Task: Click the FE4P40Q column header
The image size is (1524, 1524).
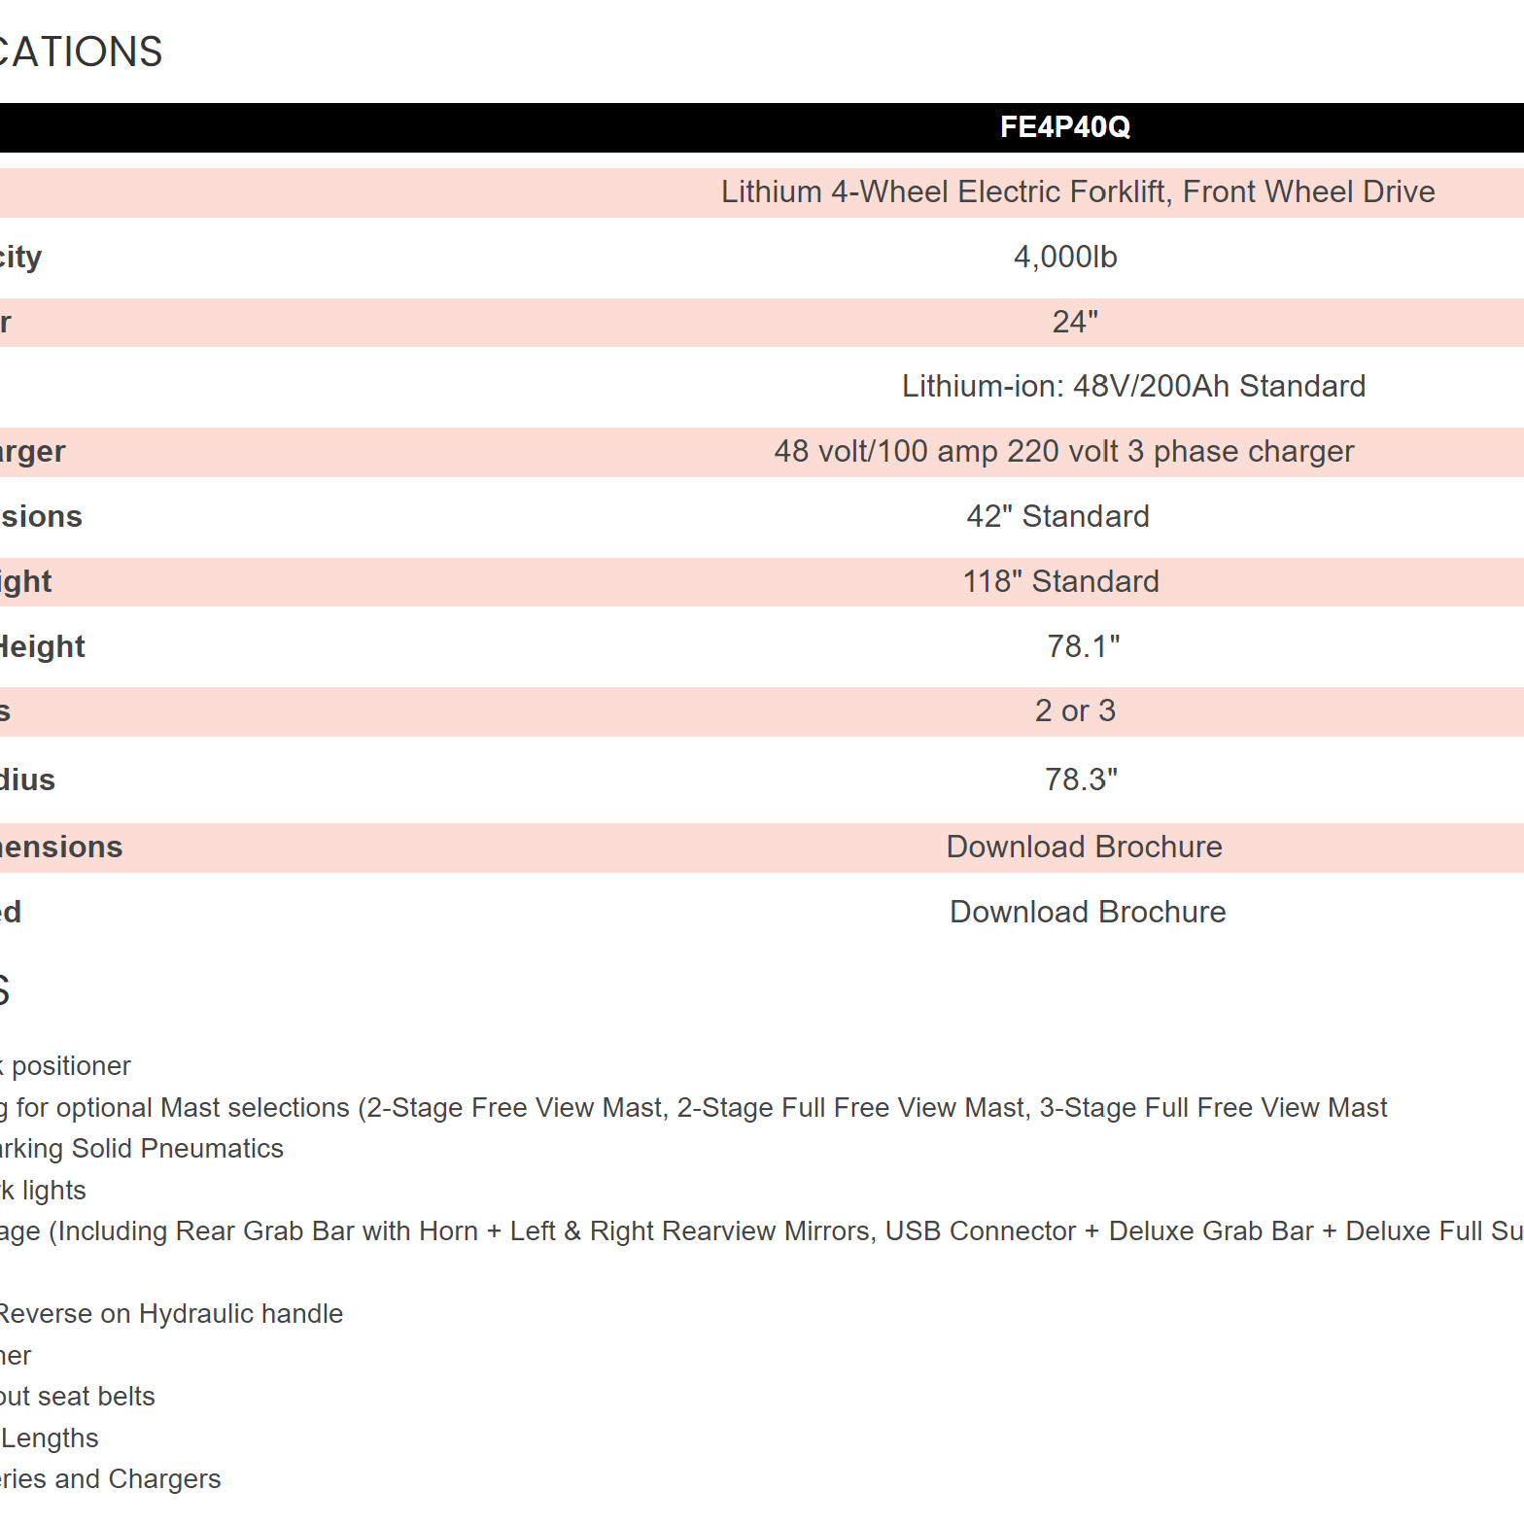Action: point(1064,127)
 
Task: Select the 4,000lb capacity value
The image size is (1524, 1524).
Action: point(1065,258)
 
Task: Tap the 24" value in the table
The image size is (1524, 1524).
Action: point(1075,322)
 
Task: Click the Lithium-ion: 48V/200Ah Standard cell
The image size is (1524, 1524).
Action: point(1133,387)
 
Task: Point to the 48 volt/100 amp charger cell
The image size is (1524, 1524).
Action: point(1063,452)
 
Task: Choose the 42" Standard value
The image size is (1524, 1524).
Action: point(1057,516)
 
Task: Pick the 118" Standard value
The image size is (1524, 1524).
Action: point(1060,581)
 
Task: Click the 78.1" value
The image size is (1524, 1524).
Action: point(1083,646)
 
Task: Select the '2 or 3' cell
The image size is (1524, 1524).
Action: point(1075,711)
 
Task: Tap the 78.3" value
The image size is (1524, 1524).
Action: point(1081,779)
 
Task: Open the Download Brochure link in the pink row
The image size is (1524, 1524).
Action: point(1084,848)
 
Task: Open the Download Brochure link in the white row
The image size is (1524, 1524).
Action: point(1088,913)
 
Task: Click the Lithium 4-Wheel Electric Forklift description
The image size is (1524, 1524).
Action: point(1077,192)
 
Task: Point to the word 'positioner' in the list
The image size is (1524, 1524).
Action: point(71,1066)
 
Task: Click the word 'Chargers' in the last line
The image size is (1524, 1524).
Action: point(164,1479)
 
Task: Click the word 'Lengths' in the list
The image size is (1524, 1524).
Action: point(51,1438)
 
